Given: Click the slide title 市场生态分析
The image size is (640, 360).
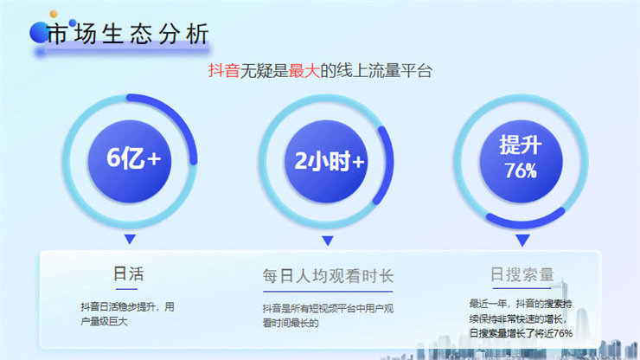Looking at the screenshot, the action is pyautogui.click(x=128, y=34).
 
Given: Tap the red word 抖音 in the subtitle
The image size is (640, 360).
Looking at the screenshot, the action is pyautogui.click(x=224, y=71).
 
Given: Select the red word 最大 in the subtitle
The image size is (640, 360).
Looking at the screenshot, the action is pyautogui.click(x=304, y=71).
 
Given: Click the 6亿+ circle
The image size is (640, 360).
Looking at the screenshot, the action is pyautogui.click(x=130, y=161).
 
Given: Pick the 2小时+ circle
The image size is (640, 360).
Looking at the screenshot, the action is pyautogui.click(x=327, y=161).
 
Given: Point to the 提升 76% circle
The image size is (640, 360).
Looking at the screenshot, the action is pyautogui.click(x=521, y=161).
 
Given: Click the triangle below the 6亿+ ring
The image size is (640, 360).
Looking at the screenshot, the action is pyautogui.click(x=130, y=239).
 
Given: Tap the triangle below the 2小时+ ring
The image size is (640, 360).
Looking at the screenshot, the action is pyautogui.click(x=327, y=240).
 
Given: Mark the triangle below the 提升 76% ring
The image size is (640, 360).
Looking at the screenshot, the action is pyautogui.click(x=522, y=240).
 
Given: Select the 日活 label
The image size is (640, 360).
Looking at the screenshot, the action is pyautogui.click(x=129, y=273).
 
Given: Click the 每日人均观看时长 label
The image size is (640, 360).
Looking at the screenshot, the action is pyautogui.click(x=328, y=276).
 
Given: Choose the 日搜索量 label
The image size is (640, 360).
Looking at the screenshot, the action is pyautogui.click(x=522, y=274).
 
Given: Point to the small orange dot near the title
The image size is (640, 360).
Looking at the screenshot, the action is pyautogui.click(x=54, y=15).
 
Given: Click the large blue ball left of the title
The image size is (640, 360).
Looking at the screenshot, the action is pyautogui.click(x=39, y=33).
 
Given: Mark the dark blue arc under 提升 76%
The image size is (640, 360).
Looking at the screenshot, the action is pyautogui.click(x=526, y=221).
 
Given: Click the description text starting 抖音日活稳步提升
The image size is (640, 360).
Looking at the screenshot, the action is pyautogui.click(x=127, y=314).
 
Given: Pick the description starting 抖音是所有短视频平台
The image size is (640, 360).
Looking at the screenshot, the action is pyautogui.click(x=328, y=316).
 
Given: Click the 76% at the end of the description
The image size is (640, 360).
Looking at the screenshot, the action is pyautogui.click(x=563, y=333).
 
